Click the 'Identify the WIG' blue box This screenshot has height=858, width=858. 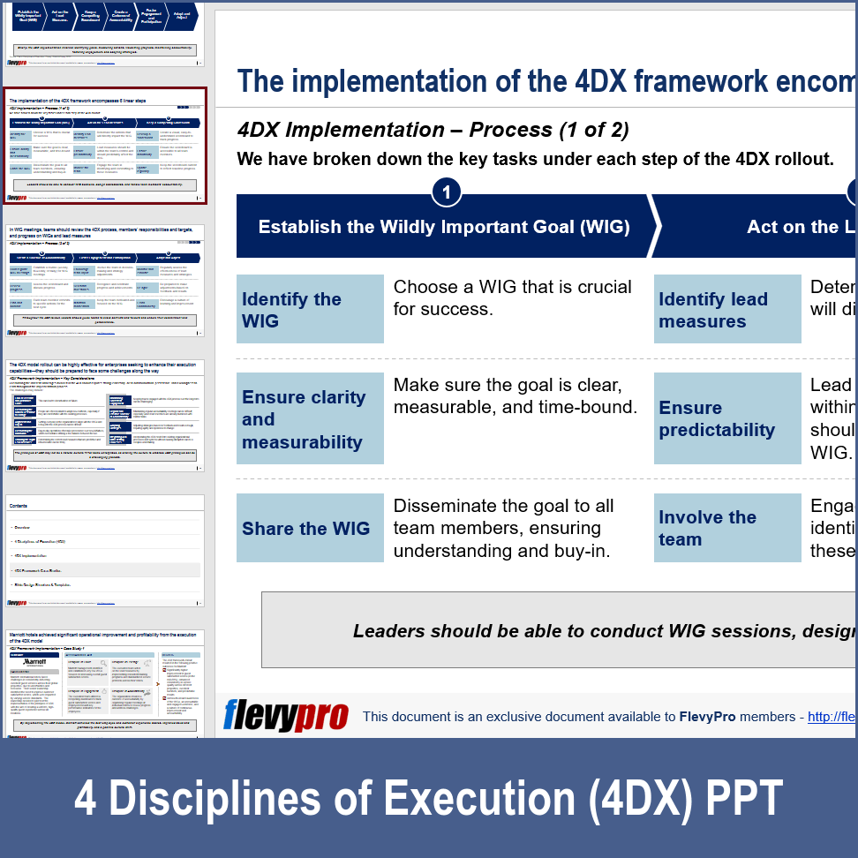coord(310,309)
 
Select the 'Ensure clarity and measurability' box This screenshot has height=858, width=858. coord(310,418)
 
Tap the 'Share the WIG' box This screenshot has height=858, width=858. coord(310,528)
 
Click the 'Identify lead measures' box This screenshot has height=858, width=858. coord(726,309)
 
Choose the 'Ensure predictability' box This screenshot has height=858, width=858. coord(726,418)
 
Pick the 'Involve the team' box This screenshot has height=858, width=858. coord(726,528)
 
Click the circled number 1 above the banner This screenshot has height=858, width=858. coord(447,192)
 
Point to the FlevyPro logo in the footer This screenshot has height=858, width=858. coord(285,715)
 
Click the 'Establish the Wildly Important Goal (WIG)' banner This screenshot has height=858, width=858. coord(444,227)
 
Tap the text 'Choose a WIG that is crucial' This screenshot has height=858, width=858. coord(512,287)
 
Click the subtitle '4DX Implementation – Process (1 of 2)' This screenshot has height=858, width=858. coord(433,130)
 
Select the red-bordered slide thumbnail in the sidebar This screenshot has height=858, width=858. coord(105,146)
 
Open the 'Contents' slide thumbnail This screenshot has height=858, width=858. coord(105,552)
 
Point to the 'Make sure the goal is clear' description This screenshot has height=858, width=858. coord(515,385)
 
